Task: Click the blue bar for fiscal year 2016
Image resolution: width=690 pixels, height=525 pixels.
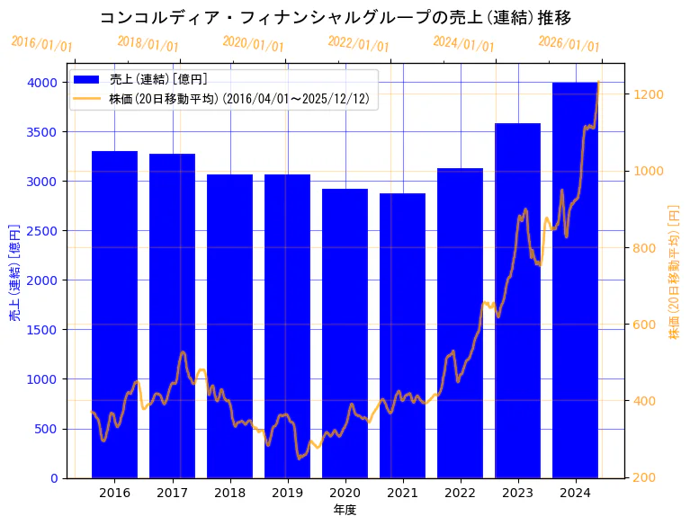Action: tap(114, 315)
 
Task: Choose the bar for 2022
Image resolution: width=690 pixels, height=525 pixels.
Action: tap(460, 323)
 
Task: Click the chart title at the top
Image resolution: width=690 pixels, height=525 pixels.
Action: tap(335, 18)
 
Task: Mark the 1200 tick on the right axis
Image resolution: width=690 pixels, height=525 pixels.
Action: tap(649, 94)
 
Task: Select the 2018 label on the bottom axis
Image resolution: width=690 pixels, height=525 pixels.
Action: tap(229, 493)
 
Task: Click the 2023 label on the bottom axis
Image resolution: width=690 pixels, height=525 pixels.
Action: tap(517, 493)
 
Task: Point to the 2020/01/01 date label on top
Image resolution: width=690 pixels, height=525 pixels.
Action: tap(253, 44)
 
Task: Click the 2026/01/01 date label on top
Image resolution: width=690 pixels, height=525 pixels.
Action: tap(569, 44)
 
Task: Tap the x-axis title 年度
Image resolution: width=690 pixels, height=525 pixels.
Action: tap(345, 510)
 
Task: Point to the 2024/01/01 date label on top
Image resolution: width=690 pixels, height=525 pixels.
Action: tap(463, 44)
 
